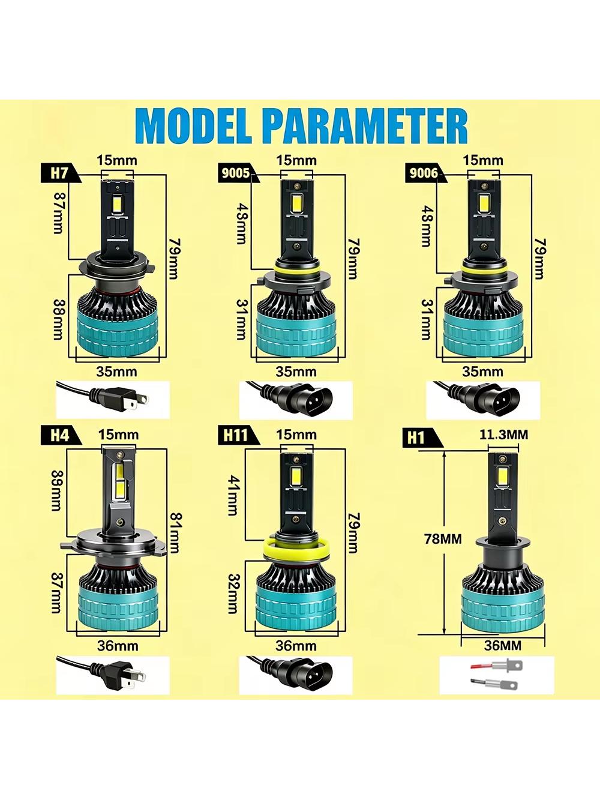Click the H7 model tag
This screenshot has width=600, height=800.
coord(60,173)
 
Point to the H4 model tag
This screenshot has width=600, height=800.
coord(60,436)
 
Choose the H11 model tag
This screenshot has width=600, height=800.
coord(237,436)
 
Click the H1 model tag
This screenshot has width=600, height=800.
coord(421,439)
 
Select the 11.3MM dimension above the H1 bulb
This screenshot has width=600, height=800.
coord(503,435)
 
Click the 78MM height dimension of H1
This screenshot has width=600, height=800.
coord(443,539)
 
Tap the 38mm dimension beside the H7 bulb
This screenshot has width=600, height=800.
coord(59,320)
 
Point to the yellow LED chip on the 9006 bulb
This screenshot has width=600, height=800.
coord(484,203)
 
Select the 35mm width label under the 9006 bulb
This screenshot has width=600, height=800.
coord(482,371)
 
